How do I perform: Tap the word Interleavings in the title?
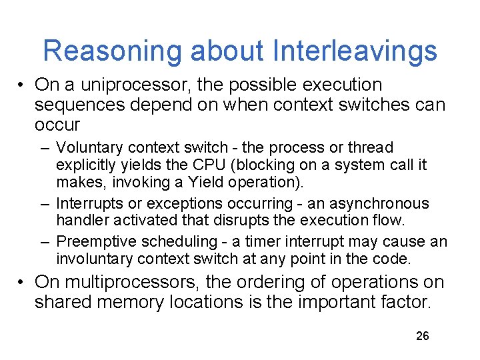pos(355,51)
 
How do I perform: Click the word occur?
pos(57,125)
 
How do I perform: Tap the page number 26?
pos(422,335)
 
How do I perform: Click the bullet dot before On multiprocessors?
pos(22,283)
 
